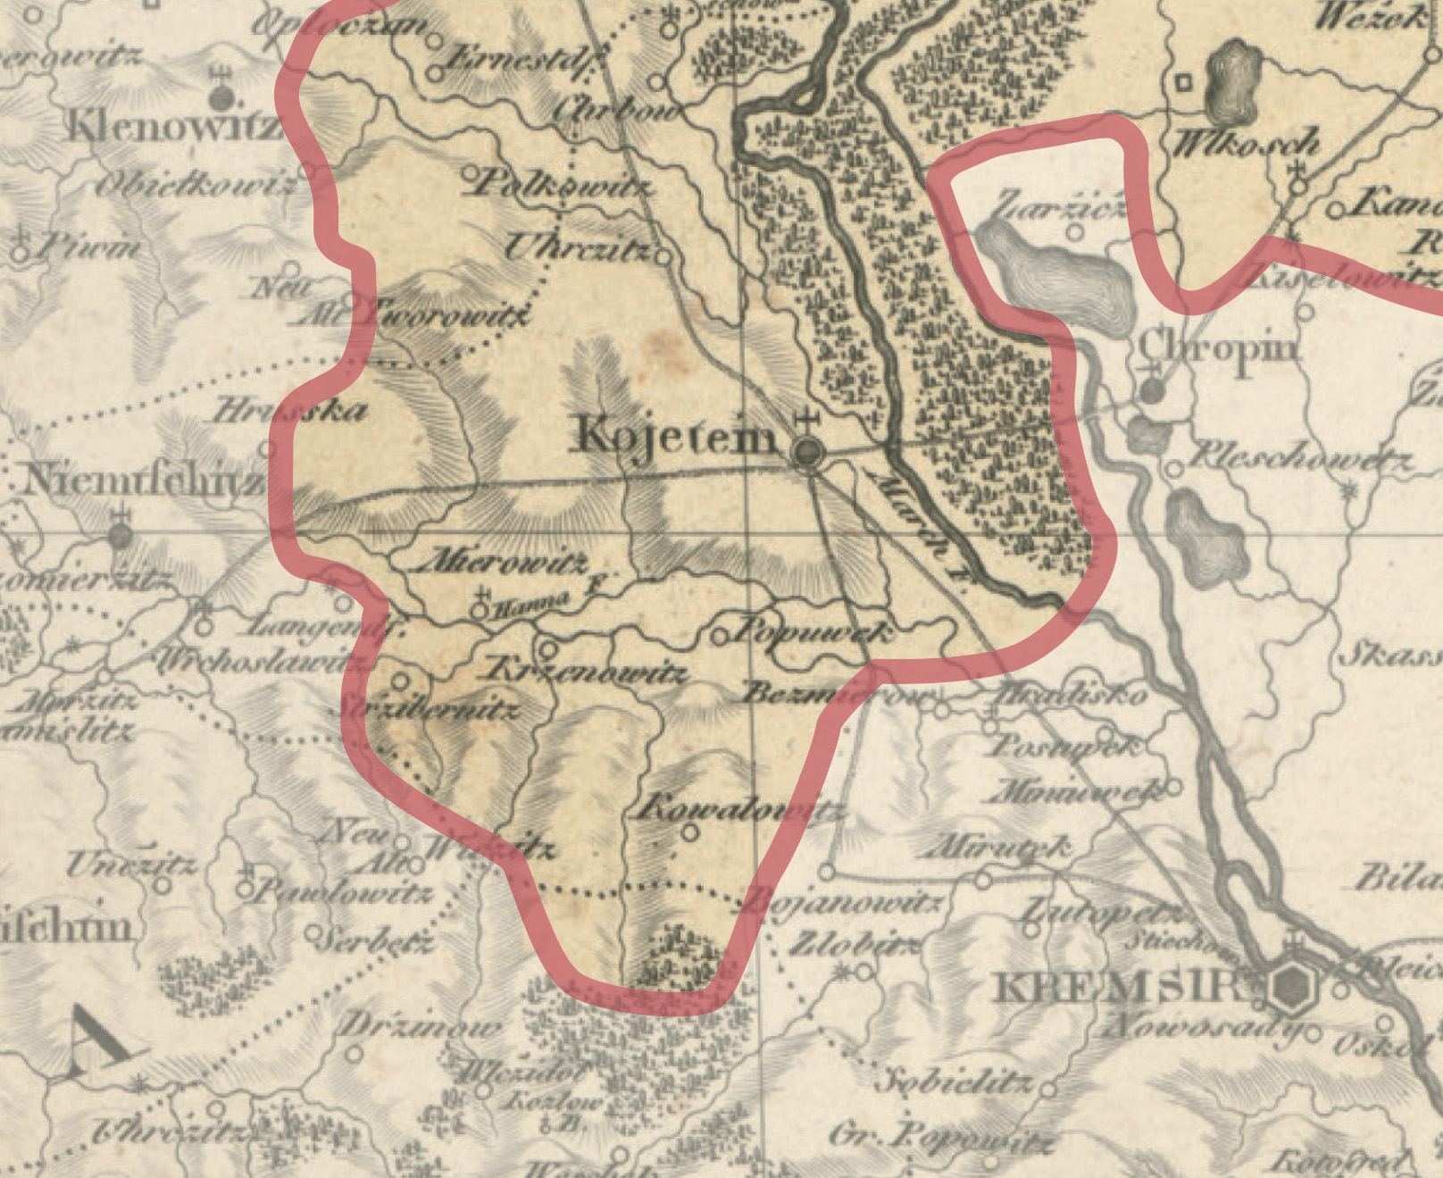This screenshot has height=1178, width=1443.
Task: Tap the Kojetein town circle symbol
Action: click(807, 453)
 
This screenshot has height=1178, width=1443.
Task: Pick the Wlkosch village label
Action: click(1246, 143)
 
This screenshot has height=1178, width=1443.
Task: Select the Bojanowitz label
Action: click(843, 903)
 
